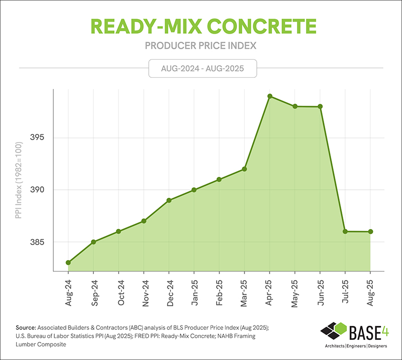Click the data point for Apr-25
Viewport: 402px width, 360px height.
click(270, 96)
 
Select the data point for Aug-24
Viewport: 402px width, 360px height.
click(68, 263)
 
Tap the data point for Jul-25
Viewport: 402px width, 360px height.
click(345, 231)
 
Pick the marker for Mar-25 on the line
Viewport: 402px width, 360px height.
click(245, 169)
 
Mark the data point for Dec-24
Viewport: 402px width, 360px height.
click(169, 200)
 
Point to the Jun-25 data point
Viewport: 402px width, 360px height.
click(320, 106)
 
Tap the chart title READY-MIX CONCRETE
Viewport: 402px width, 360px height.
click(201, 26)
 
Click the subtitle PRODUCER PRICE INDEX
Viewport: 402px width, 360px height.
click(201, 46)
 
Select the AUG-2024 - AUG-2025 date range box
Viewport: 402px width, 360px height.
click(203, 68)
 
